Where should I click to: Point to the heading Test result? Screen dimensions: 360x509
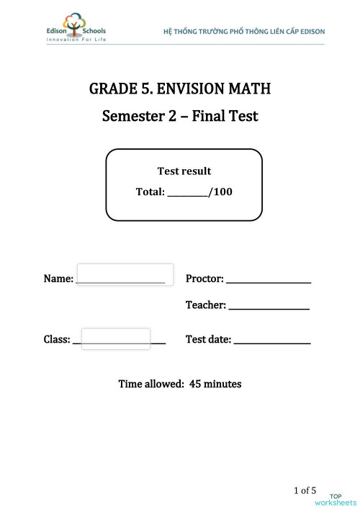(184, 171)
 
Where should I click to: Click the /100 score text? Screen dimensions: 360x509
(220, 192)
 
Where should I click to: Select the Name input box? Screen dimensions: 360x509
(124, 275)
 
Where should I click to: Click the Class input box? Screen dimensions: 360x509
(116, 338)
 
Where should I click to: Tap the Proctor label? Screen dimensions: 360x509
(204, 279)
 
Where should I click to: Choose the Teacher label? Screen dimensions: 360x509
(206, 305)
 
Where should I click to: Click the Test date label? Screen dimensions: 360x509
(208, 339)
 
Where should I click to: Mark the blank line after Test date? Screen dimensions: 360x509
(272, 342)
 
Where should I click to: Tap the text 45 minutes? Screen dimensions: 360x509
(215, 384)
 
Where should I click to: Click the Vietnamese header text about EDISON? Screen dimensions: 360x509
(244, 32)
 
